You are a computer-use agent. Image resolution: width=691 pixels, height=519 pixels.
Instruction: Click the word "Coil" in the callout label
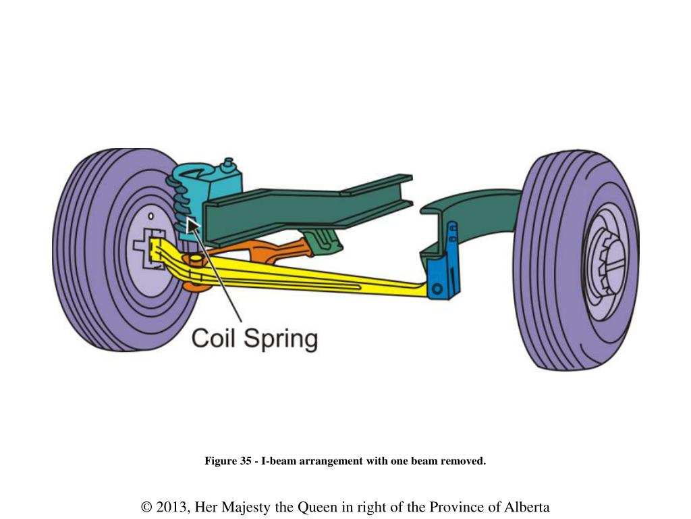point(215,337)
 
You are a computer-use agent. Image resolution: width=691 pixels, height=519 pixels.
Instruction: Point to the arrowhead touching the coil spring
point(192,225)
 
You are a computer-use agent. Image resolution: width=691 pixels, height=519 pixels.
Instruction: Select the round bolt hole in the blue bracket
point(437,289)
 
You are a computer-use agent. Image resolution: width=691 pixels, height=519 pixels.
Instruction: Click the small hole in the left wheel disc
point(152,217)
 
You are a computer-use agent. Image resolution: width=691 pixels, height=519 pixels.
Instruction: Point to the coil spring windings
point(177,199)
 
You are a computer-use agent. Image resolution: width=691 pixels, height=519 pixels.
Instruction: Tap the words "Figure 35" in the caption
point(228,462)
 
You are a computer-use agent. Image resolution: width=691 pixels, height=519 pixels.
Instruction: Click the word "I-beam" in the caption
point(276,462)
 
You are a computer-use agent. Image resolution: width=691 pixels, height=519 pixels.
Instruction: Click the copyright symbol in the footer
point(146,507)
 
